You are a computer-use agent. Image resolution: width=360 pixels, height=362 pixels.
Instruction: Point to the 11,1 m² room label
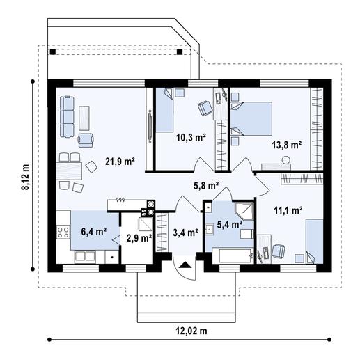[286, 209]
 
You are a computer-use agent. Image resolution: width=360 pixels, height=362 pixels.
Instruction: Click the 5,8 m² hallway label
[206, 186]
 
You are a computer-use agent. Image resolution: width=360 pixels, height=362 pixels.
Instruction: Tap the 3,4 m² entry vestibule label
[185, 233]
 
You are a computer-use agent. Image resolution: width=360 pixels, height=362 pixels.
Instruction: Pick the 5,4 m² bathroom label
[229, 224]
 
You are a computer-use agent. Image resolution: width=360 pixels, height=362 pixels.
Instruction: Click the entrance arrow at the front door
[184, 265]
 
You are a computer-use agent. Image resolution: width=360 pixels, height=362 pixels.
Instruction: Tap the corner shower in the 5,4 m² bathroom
[244, 212]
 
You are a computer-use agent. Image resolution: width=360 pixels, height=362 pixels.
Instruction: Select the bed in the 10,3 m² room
[166, 111]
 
